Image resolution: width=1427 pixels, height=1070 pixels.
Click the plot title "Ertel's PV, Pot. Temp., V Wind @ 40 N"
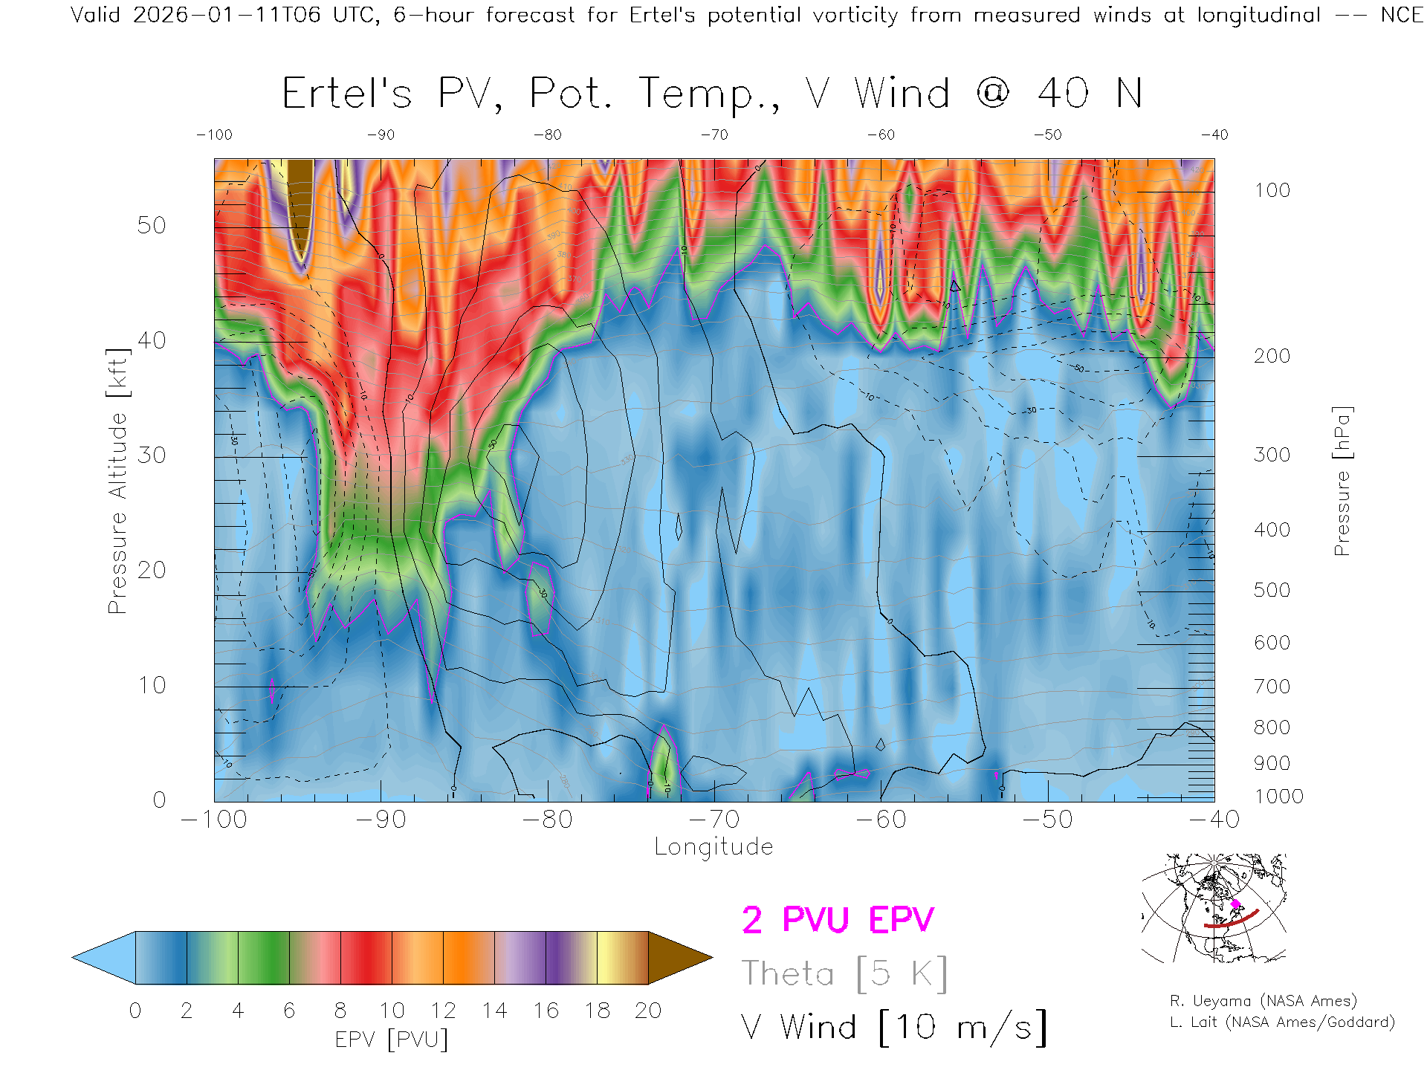(x=711, y=94)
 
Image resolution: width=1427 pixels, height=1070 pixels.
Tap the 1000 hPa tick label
(x=1278, y=797)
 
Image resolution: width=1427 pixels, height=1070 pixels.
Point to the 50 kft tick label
(x=152, y=225)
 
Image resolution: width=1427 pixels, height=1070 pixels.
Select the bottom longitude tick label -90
(x=381, y=820)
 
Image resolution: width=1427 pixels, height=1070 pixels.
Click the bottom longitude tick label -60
(x=881, y=820)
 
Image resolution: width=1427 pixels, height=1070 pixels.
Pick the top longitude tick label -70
(x=714, y=135)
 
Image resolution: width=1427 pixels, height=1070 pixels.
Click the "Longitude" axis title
(x=713, y=847)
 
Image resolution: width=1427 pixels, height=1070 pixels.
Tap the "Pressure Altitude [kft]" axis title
(x=117, y=481)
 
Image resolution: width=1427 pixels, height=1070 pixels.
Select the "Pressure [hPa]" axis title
(x=1342, y=481)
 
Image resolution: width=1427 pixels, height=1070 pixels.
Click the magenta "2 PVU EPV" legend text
(x=838, y=920)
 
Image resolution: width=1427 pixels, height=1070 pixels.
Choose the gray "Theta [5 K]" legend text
(x=844, y=973)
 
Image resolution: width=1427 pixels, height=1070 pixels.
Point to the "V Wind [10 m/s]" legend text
(x=893, y=1028)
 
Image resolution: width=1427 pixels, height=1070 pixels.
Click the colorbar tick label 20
(x=648, y=1011)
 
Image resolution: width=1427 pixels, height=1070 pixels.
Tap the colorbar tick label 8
(x=340, y=1011)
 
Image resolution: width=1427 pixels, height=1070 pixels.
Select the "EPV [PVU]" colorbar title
(x=392, y=1040)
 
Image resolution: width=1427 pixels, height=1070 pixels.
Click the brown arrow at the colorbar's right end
(x=677, y=958)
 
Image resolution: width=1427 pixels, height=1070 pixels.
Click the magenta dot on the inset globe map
(x=1236, y=904)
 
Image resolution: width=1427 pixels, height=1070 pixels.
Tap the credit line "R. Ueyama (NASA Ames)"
(x=1263, y=1001)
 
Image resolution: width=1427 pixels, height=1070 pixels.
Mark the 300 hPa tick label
(x=1272, y=455)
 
